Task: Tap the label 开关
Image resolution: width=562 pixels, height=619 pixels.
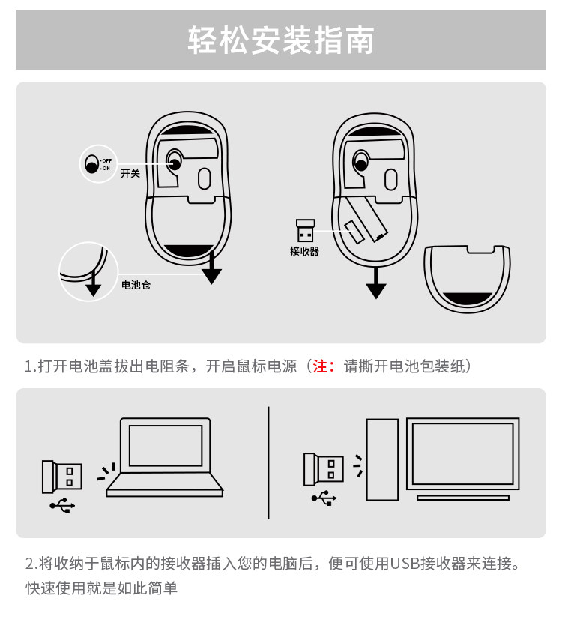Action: point(130,173)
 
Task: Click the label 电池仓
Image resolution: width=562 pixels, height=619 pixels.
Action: point(136,286)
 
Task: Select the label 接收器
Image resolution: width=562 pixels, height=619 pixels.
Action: point(304,251)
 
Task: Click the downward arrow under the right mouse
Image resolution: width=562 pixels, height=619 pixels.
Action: point(376,284)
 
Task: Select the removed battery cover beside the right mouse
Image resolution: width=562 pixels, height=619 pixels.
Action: point(467,277)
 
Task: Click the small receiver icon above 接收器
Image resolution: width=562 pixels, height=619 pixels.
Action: point(305,230)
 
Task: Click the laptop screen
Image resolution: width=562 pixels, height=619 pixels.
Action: point(166,445)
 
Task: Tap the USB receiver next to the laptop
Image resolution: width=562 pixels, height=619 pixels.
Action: point(62,476)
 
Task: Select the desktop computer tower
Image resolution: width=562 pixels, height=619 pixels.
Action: point(381,459)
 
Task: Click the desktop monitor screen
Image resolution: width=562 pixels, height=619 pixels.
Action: point(462,453)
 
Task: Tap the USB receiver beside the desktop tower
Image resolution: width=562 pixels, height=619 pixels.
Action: point(323,469)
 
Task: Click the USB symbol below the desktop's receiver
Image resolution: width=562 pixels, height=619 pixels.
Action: point(324,498)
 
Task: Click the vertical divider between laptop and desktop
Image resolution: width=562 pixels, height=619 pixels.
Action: point(268,462)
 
